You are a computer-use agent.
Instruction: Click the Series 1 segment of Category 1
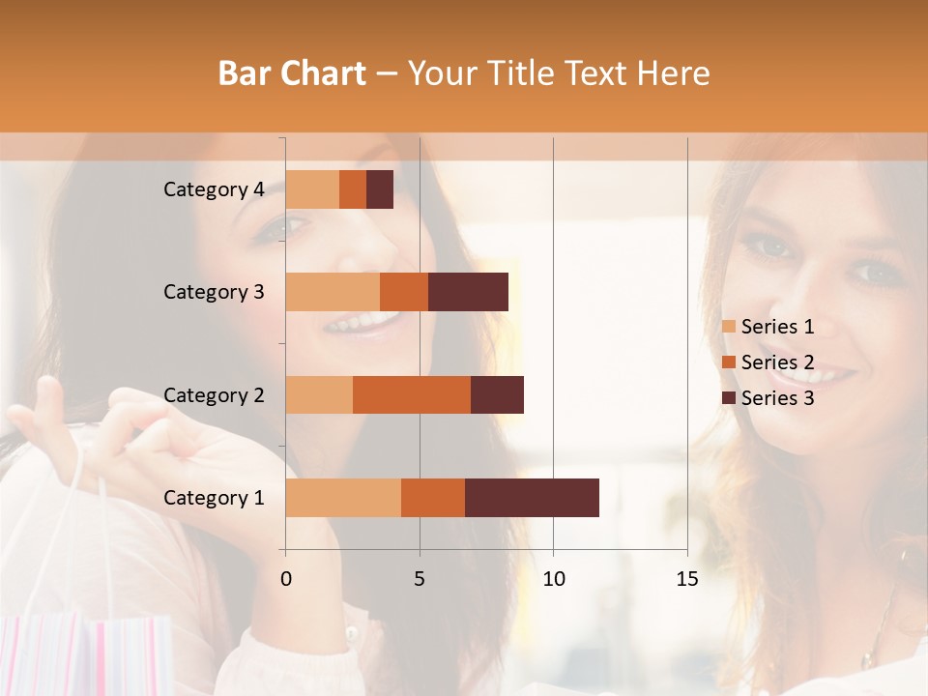(343, 498)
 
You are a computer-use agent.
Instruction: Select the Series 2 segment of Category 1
(433, 498)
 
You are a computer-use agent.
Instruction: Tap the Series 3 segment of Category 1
(532, 498)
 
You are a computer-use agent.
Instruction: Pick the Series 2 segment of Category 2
(412, 394)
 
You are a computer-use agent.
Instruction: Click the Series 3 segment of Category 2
(497, 394)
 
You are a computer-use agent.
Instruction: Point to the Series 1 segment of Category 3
(333, 292)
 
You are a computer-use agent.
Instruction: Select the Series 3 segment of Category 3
(468, 292)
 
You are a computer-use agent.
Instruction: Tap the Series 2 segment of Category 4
(353, 189)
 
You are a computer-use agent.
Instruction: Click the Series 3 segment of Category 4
(380, 189)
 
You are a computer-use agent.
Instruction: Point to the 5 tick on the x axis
(420, 579)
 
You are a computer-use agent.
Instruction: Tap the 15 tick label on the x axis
(687, 579)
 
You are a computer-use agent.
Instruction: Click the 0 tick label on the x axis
(286, 579)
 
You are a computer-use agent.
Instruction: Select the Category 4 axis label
(214, 189)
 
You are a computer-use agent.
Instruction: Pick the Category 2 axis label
(214, 395)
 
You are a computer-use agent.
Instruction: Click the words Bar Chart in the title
(292, 72)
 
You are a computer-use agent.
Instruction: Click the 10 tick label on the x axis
(553, 579)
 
